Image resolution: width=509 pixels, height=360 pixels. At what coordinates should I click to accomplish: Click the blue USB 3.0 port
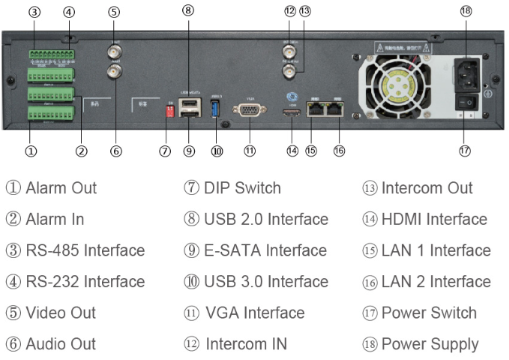point(217,108)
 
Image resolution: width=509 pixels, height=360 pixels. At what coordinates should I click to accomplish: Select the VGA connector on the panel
point(249,109)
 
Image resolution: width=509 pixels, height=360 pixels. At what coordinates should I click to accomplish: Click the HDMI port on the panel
point(292,114)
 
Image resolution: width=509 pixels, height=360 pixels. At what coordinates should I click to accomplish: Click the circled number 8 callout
point(187,10)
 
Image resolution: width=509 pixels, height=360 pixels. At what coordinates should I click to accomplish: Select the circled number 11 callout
point(250,151)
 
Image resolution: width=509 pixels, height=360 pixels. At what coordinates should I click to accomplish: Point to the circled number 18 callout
point(466,12)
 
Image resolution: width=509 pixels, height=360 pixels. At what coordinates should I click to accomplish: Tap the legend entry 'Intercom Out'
point(427,188)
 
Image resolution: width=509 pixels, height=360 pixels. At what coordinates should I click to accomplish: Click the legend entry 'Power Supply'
point(430,344)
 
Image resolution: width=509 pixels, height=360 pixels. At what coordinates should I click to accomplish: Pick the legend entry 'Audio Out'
point(61,344)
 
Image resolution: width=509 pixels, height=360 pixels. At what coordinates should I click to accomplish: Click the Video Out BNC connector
point(115,52)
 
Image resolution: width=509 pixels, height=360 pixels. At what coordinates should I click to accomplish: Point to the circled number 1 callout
point(31,151)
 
